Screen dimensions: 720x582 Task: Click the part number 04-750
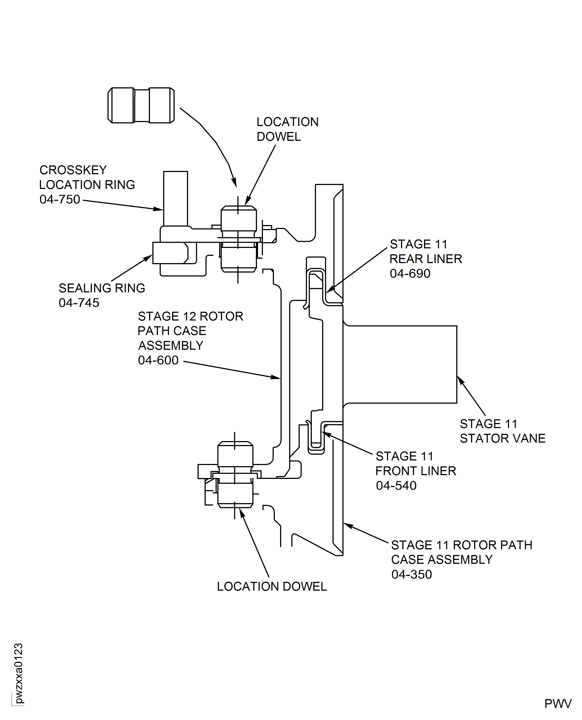(x=60, y=200)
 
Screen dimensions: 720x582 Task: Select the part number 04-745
(x=79, y=303)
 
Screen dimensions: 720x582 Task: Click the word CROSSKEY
(x=73, y=170)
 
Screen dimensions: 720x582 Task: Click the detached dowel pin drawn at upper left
(x=141, y=105)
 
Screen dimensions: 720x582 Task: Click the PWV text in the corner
(x=558, y=704)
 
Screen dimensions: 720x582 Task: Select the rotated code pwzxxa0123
(x=19, y=673)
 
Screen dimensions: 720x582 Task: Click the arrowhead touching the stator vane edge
(x=460, y=380)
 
